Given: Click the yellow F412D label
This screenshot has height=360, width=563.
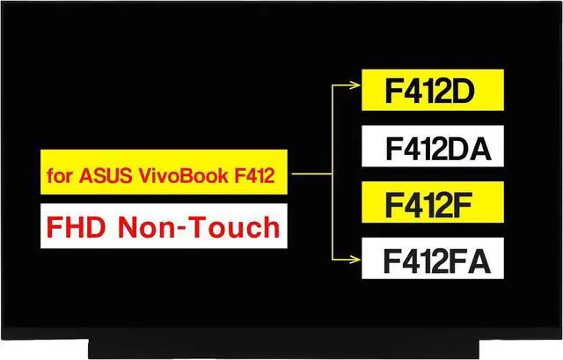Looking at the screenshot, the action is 432,91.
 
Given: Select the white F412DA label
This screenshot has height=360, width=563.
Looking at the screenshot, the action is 432,147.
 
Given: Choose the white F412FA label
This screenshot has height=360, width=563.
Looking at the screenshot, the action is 432,260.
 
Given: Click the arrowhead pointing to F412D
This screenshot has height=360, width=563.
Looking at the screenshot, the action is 355,86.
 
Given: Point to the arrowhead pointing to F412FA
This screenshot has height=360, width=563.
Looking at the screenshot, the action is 355,259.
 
